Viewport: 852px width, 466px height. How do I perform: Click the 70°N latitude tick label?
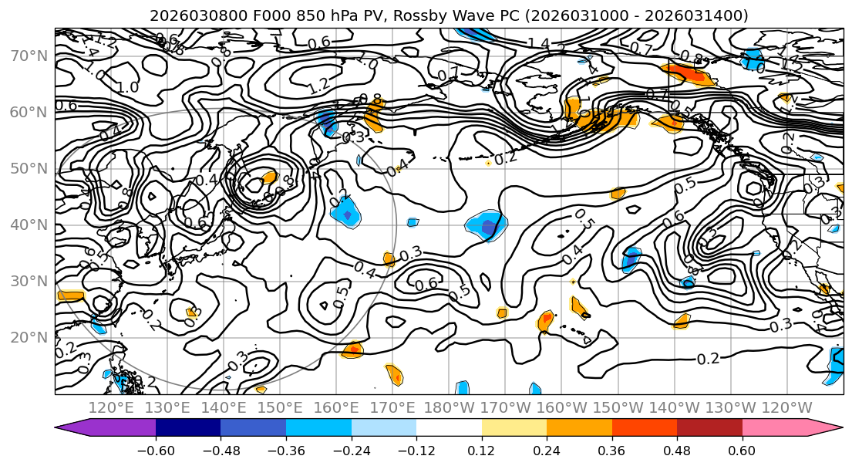29,56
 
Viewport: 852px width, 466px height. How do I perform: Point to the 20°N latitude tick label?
29,337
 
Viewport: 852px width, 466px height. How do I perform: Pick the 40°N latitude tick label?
29,225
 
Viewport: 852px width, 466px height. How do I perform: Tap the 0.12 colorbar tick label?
481,449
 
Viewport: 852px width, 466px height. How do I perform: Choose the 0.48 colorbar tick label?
677,449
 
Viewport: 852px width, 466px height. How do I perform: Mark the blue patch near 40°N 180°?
485,225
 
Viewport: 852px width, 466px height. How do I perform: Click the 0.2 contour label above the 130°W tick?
709,360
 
